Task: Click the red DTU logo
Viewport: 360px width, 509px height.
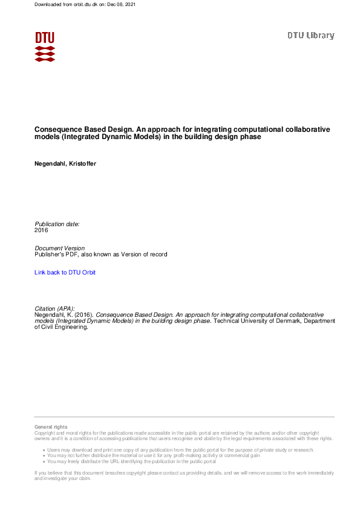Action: (45, 47)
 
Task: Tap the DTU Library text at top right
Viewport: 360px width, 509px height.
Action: (310, 36)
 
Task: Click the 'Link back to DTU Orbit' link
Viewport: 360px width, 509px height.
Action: (65, 273)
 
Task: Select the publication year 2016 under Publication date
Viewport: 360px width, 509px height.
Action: (41, 230)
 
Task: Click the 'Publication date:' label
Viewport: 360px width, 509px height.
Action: (57, 224)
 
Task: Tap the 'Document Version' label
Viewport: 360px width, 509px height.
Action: (60, 248)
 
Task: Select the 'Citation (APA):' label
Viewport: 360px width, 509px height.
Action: (54, 309)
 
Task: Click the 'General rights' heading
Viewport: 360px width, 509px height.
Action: (51, 427)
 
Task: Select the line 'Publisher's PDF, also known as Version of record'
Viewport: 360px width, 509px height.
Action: (101, 254)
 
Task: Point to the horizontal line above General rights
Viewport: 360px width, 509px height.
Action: (184, 417)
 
